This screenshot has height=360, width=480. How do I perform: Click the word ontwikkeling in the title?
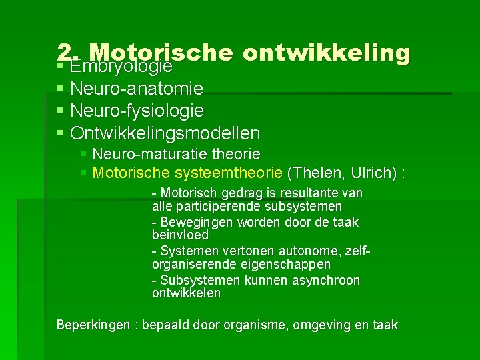[327, 53]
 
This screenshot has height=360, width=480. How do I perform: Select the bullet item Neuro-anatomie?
[137, 88]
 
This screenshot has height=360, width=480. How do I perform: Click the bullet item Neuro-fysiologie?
[137, 110]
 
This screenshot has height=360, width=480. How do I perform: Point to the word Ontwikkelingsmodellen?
[165, 133]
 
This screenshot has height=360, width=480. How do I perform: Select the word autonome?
[311, 251]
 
